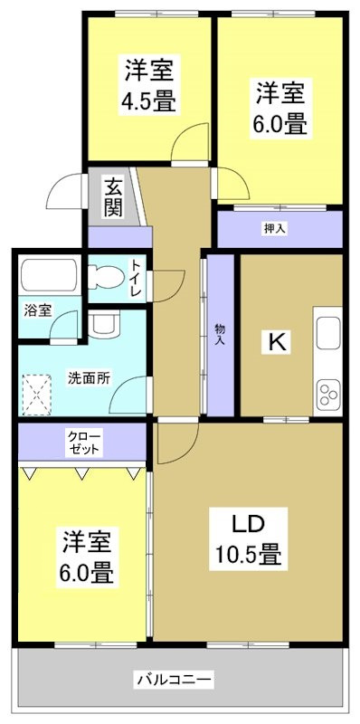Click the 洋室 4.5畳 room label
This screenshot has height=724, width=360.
(x=150, y=83)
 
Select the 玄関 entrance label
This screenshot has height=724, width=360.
(x=113, y=196)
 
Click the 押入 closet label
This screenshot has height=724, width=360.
(x=275, y=228)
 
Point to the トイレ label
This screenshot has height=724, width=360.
(x=136, y=280)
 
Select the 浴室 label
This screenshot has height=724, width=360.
(x=38, y=310)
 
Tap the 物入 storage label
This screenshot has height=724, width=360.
(x=220, y=334)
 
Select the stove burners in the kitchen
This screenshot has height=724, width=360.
(x=327, y=394)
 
